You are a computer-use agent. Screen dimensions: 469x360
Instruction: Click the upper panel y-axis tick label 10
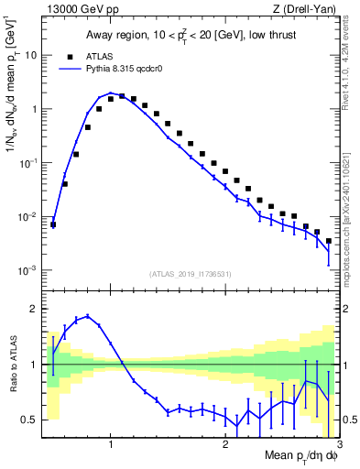click(30, 55)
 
